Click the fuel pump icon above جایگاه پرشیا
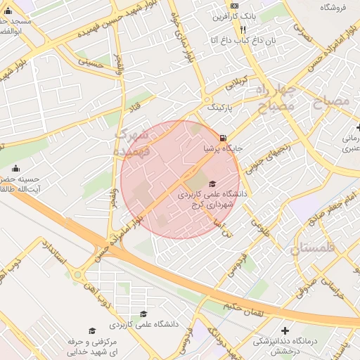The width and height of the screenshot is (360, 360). pos(223,138)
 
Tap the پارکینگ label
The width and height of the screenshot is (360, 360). pos(224,108)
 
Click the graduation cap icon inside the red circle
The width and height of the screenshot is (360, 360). pos(212,184)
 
